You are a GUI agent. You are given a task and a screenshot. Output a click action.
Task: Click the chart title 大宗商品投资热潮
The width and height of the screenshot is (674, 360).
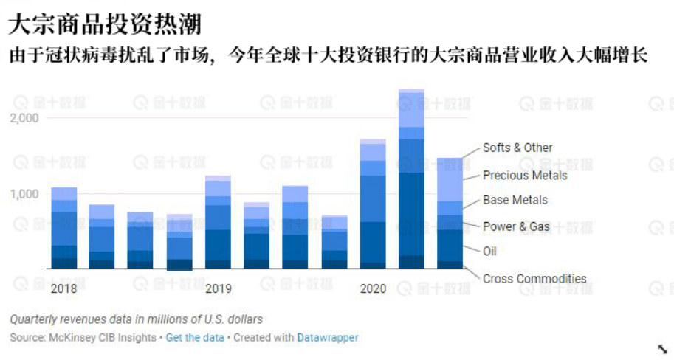104,24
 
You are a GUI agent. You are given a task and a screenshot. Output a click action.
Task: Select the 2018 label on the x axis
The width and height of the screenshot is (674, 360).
63,288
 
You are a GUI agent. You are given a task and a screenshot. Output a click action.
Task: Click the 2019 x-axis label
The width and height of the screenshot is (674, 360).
219,288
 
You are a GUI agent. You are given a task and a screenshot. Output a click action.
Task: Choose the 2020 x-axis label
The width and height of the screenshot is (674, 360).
373,288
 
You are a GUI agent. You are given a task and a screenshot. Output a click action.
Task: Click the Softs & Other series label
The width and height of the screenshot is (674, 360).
517,148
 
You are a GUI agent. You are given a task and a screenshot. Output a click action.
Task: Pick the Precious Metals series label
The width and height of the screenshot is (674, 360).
525,176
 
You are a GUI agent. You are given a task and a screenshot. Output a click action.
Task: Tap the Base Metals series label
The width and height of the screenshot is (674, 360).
515,200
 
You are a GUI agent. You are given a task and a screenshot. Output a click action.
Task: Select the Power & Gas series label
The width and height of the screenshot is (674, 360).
516,226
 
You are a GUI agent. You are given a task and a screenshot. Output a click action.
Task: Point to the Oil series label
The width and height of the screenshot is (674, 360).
489,251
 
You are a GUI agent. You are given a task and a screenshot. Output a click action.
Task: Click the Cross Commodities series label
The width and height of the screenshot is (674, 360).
534,279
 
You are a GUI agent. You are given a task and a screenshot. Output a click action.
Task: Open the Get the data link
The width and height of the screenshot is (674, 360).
194,337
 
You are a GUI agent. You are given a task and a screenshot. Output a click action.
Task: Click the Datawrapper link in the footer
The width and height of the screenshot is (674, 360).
327,337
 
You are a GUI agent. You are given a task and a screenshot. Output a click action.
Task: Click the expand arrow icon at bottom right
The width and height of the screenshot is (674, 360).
662,348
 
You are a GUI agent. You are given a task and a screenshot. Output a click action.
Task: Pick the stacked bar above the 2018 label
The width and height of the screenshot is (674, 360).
64,228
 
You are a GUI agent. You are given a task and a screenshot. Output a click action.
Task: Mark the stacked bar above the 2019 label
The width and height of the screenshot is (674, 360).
219,222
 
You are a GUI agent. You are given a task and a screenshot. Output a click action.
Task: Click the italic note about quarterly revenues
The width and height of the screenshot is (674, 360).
136,319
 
